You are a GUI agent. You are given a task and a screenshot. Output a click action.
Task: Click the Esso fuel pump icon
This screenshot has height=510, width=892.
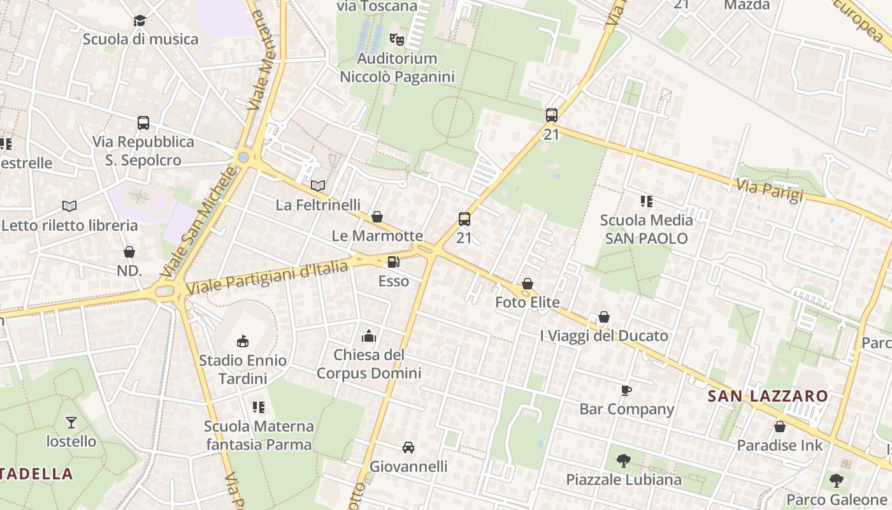(x=394, y=262)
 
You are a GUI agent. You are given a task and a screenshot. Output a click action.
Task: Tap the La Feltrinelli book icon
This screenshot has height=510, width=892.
(x=318, y=186)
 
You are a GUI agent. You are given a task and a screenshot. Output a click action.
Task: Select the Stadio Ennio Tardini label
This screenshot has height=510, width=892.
(x=243, y=370)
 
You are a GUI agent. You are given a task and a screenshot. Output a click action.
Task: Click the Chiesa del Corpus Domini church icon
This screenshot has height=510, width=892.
(x=369, y=336)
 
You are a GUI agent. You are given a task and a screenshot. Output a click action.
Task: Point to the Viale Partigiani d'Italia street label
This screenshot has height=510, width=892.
(x=270, y=276)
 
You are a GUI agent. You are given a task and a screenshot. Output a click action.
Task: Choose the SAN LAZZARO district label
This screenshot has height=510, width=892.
(x=768, y=396)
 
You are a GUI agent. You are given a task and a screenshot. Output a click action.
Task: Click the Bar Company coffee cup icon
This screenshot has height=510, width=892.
(x=626, y=390)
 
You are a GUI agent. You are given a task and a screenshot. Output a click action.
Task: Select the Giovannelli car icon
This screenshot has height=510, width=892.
(x=408, y=448)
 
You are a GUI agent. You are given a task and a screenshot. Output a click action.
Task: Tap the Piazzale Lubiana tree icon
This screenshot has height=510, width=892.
(x=624, y=460)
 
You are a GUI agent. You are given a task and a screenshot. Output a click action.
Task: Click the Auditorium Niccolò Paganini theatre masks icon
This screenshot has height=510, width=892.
(x=397, y=40)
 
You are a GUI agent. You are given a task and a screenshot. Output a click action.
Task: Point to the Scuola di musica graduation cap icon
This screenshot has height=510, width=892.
(x=140, y=20)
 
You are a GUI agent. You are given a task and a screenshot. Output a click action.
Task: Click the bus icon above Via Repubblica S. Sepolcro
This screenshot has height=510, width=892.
(x=143, y=122)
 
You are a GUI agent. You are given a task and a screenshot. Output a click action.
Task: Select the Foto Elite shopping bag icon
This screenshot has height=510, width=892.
(x=528, y=284)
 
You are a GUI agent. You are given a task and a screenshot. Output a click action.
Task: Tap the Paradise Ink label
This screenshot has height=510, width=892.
(x=780, y=446)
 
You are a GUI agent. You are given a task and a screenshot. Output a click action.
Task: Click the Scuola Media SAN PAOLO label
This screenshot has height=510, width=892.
(x=647, y=229)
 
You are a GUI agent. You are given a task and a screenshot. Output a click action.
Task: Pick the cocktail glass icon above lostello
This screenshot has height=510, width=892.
(x=71, y=422)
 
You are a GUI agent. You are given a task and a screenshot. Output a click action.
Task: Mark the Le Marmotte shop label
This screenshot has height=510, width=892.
(x=377, y=236)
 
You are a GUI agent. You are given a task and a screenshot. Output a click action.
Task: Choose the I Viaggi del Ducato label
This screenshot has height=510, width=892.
(x=604, y=336)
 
